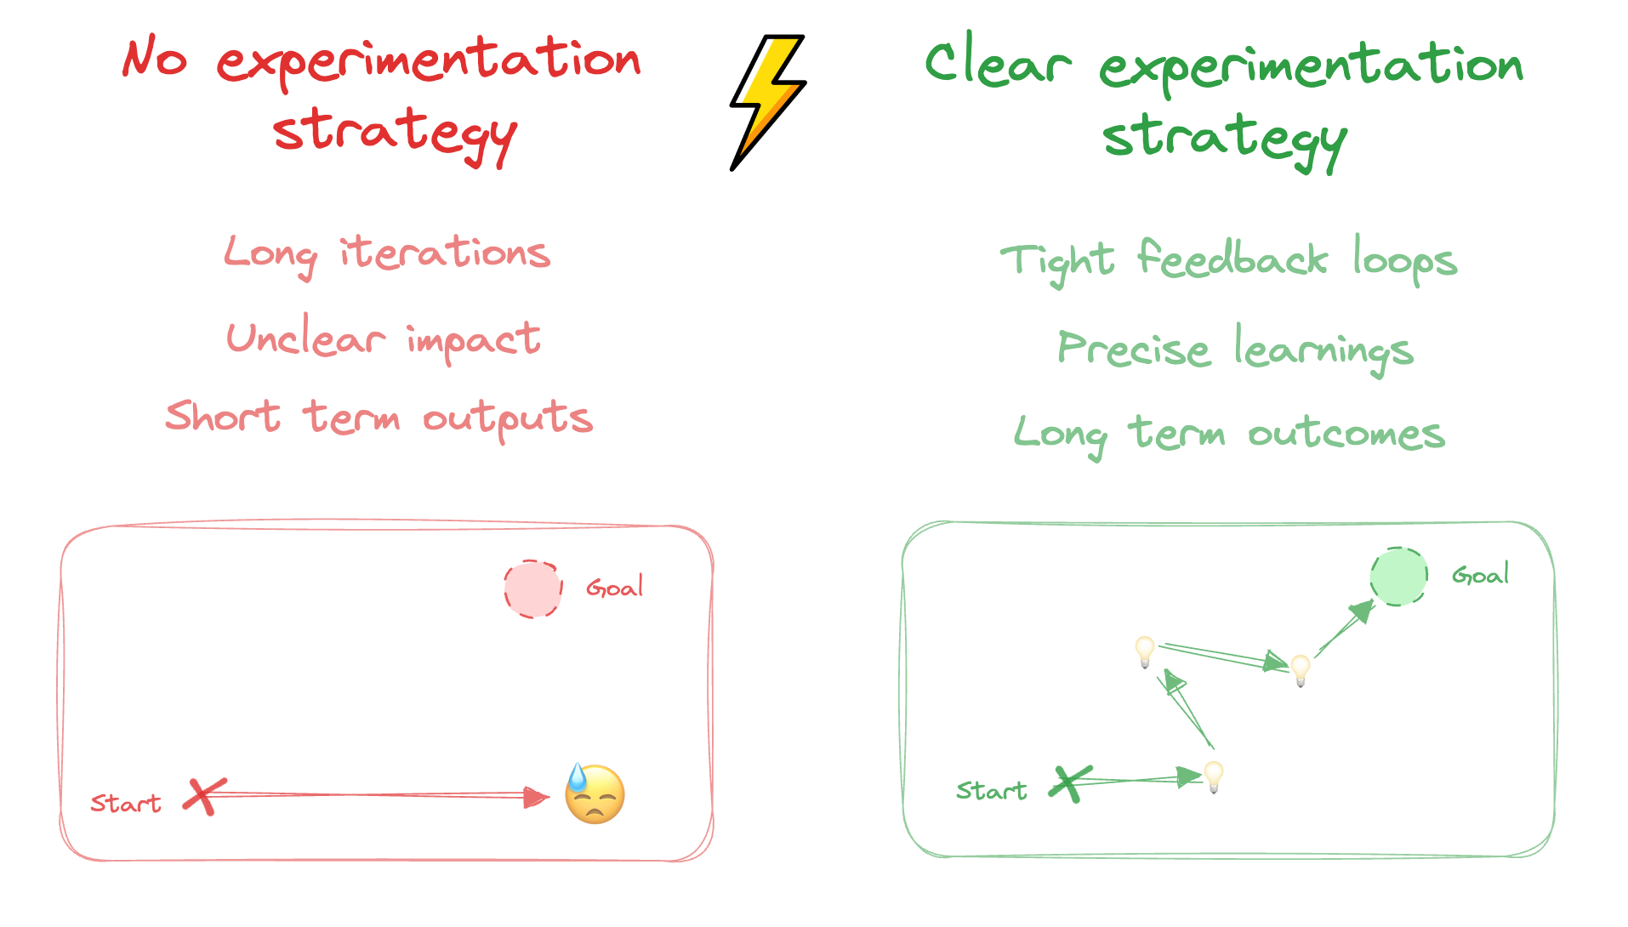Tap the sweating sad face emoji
(595, 794)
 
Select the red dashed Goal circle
(533, 589)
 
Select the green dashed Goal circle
(1398, 577)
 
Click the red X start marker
(204, 797)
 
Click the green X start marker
(1069, 783)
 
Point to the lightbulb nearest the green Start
(1214, 776)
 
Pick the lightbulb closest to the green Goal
(1301, 669)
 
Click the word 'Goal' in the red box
(614, 588)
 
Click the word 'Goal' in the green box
(1480, 575)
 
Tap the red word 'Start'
(126, 804)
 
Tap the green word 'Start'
(991, 791)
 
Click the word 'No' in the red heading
(155, 58)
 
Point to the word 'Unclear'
(305, 338)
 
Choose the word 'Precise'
(1133, 349)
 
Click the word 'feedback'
(1232, 259)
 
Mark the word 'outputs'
(508, 418)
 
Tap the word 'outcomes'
(1346, 434)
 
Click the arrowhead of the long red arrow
(536, 797)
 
